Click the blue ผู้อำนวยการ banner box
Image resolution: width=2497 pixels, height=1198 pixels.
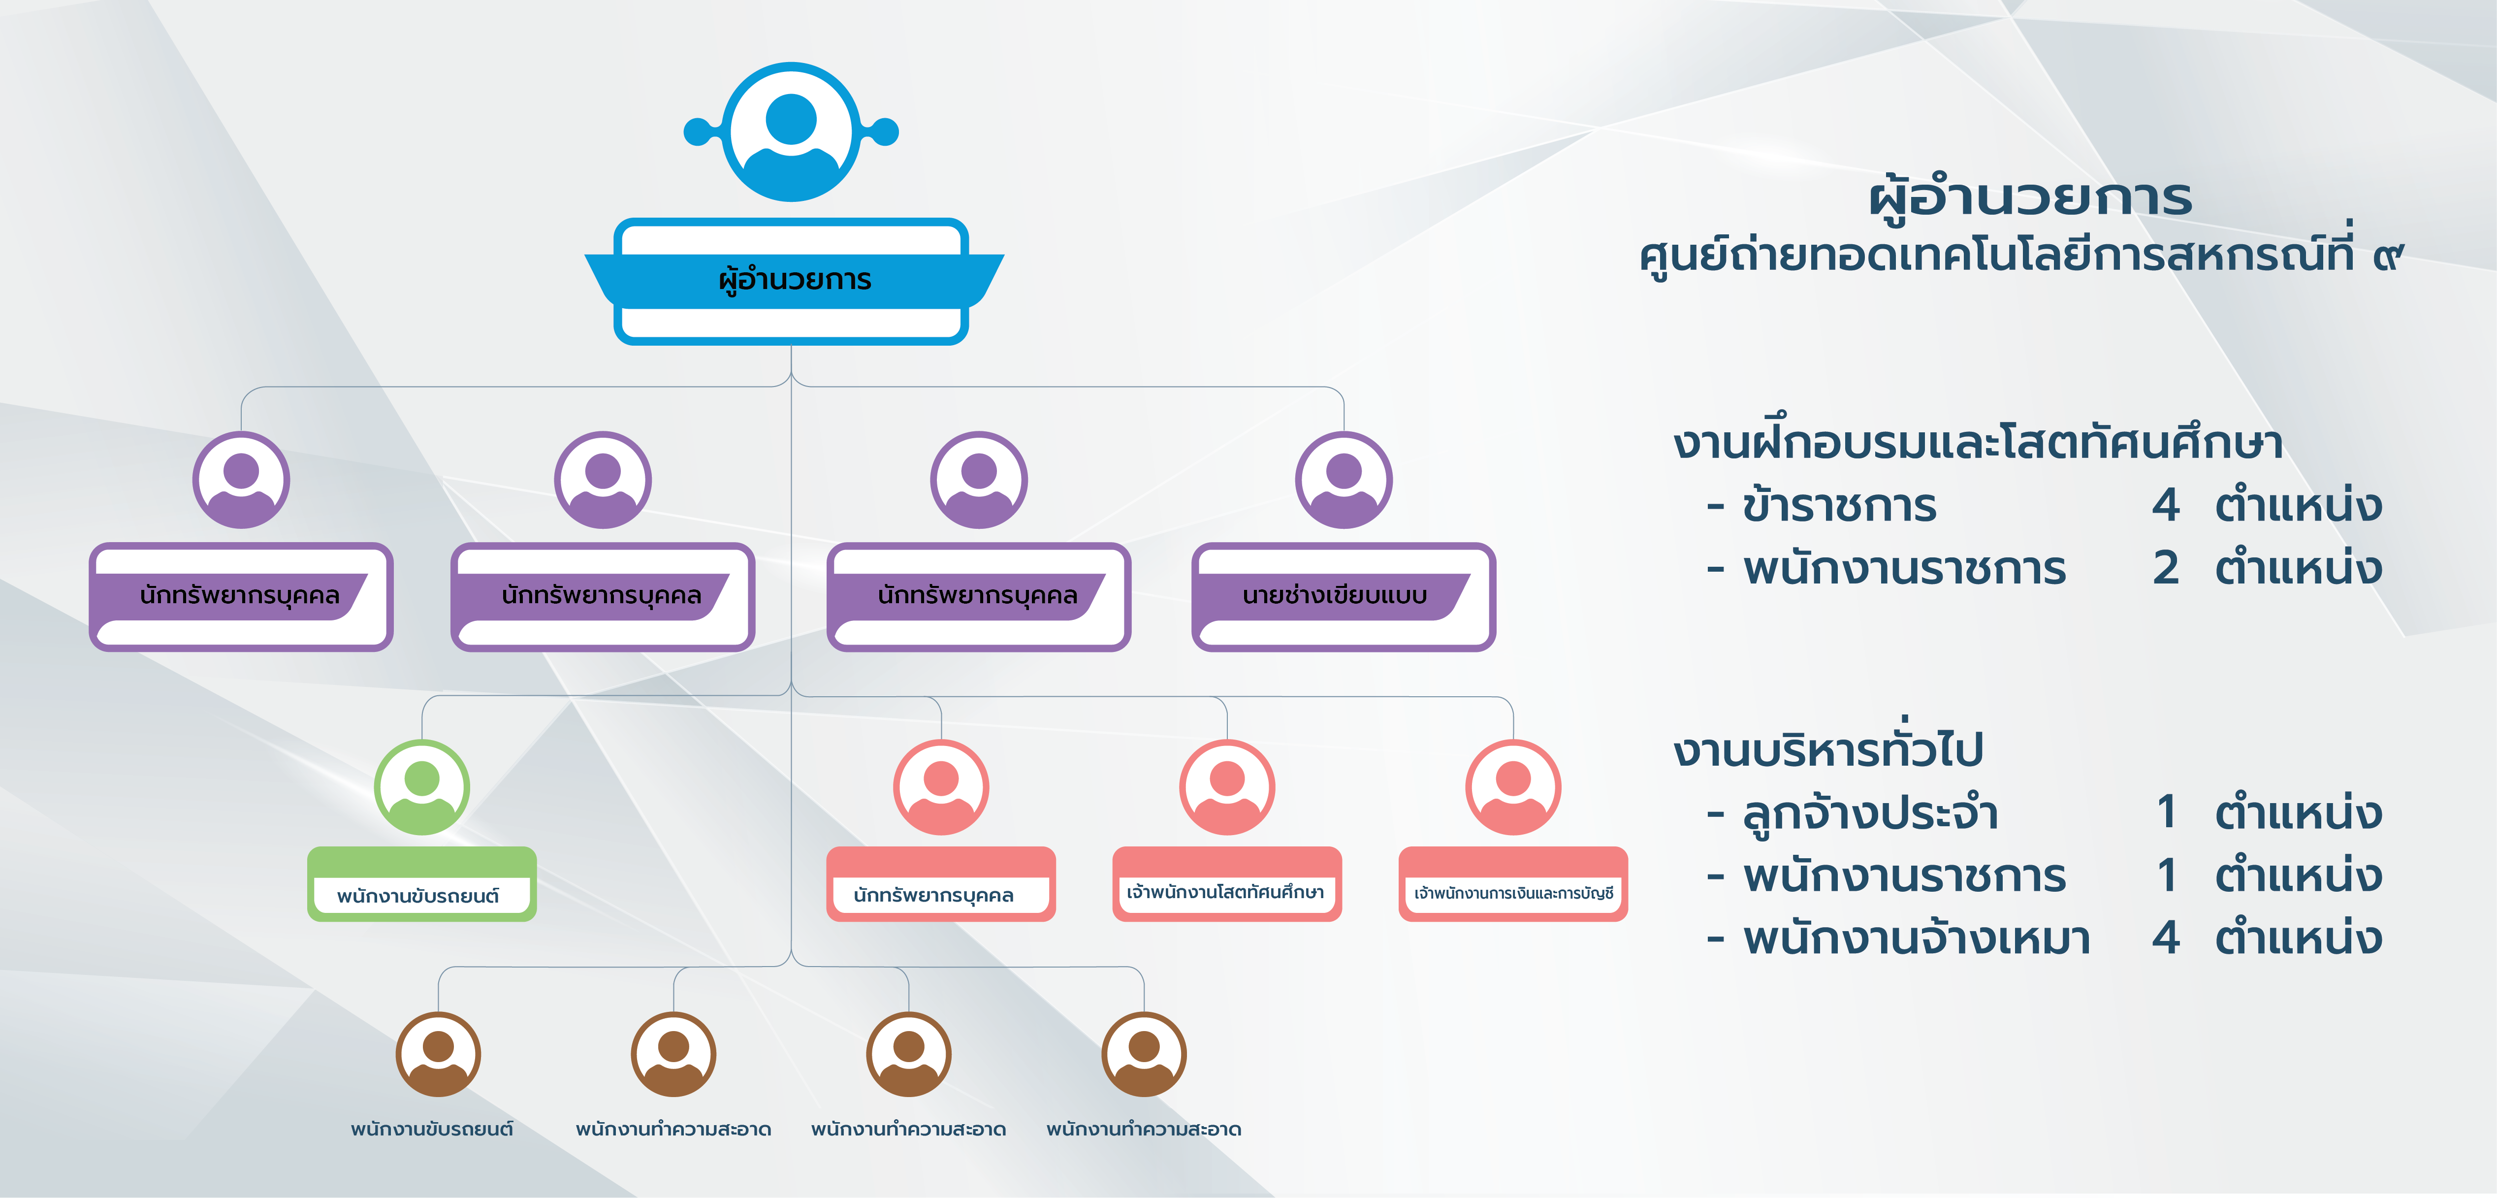coord(793,280)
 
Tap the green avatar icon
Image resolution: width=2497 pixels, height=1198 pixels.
coord(421,787)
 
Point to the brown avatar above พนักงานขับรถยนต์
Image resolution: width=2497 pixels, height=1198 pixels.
coord(438,1055)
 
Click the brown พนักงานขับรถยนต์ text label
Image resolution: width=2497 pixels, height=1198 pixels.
coord(432,1129)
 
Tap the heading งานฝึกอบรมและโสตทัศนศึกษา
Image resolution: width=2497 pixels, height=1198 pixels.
coord(1978,443)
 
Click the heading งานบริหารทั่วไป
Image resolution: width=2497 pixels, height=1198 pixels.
coord(1828,749)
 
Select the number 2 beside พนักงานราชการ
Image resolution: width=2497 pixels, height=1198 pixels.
coord(2166,568)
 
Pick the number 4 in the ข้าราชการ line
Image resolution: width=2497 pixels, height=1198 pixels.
coord(2166,505)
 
